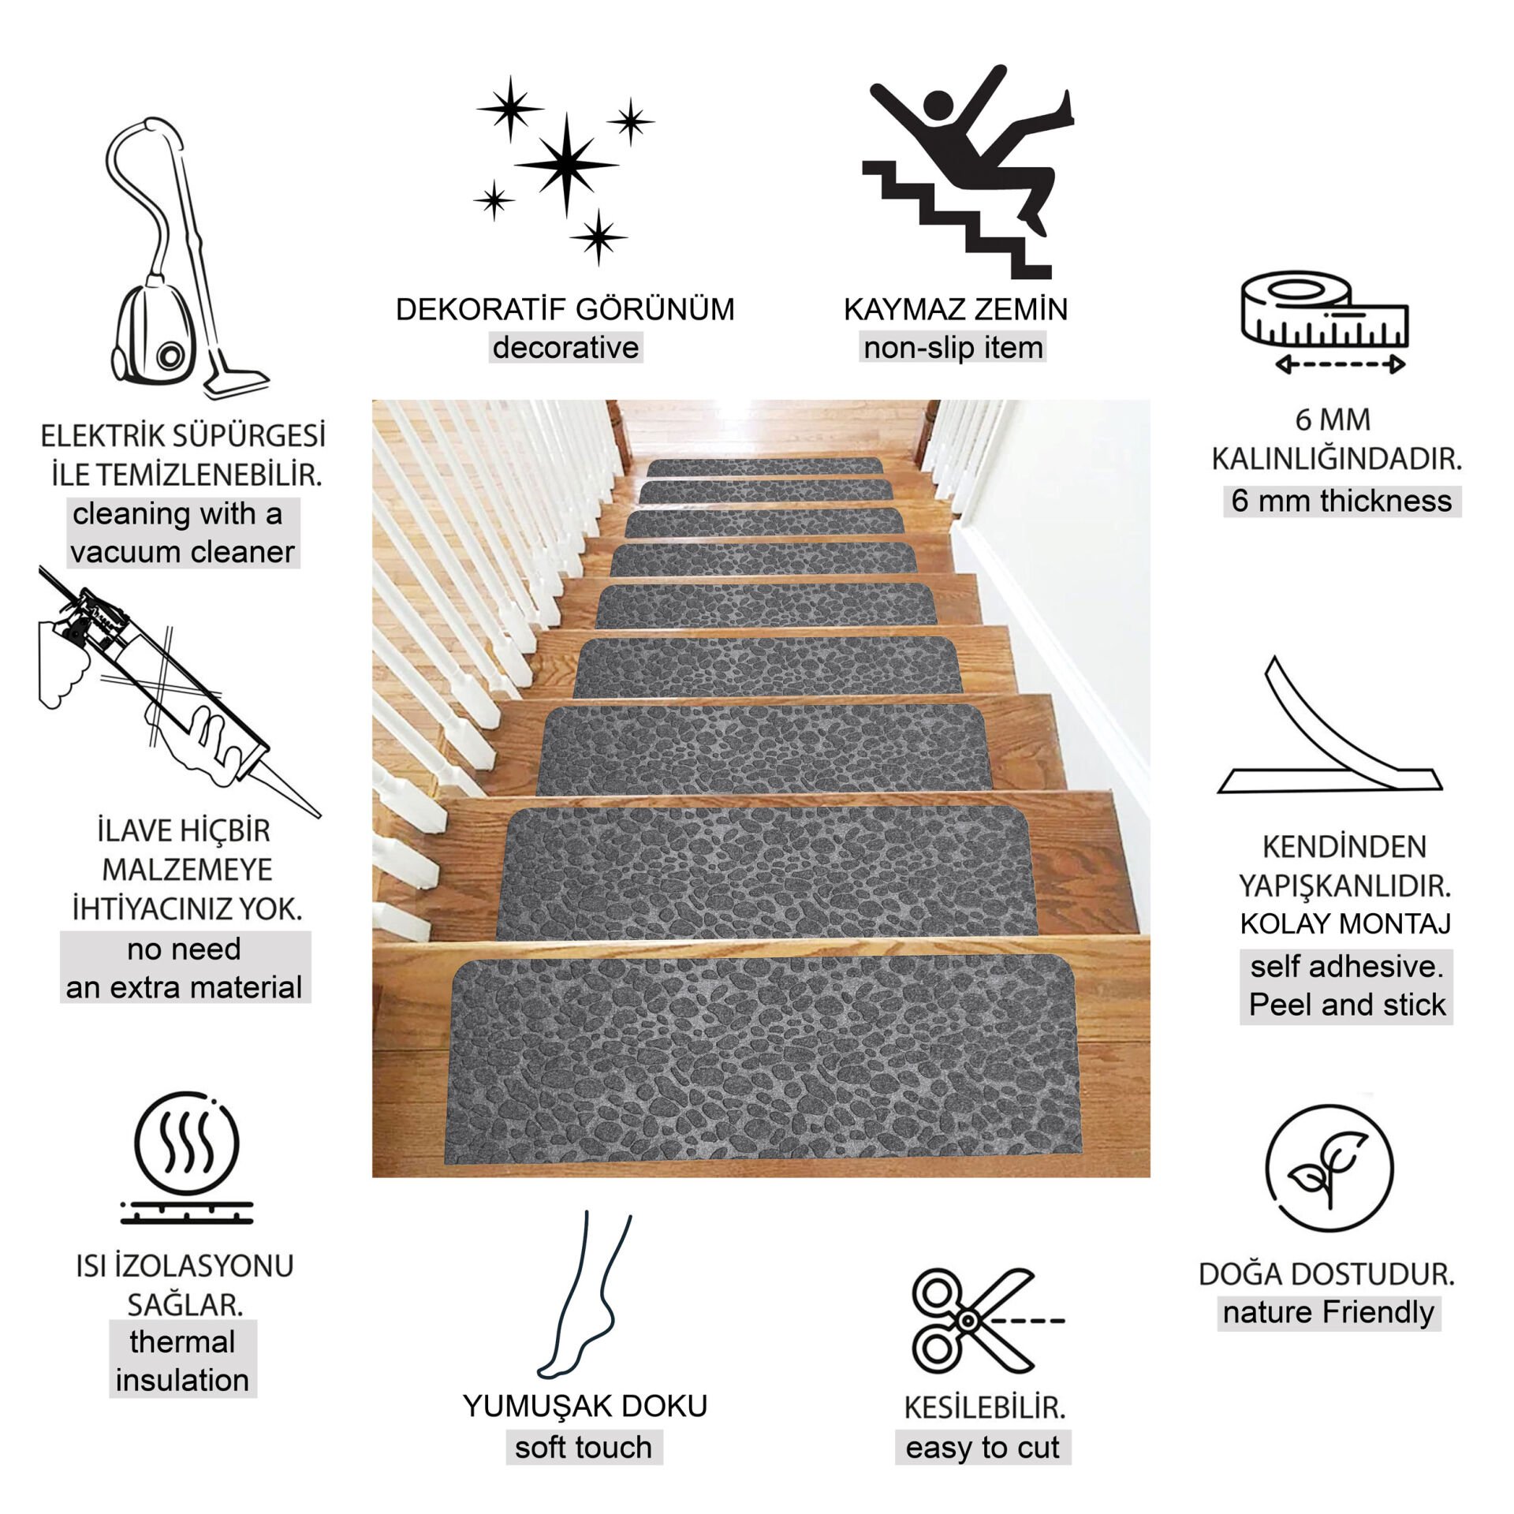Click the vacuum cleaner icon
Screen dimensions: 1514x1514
pyautogui.click(x=189, y=260)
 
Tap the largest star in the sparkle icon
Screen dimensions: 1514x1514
pyautogui.click(x=566, y=165)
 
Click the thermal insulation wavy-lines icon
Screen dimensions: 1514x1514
pyautogui.click(x=186, y=1158)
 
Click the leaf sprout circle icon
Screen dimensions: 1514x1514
pyautogui.click(x=1329, y=1169)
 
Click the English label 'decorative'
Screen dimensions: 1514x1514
pyautogui.click(x=565, y=348)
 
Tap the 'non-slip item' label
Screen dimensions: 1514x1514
pyautogui.click(x=953, y=348)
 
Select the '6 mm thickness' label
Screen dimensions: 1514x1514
pyautogui.click(x=1341, y=501)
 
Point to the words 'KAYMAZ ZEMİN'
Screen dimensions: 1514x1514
pyautogui.click(x=956, y=309)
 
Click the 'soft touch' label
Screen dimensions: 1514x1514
pyautogui.click(x=584, y=1447)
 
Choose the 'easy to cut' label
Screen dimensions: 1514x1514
pyautogui.click(x=983, y=1447)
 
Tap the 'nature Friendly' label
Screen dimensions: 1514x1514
pyautogui.click(x=1329, y=1312)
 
